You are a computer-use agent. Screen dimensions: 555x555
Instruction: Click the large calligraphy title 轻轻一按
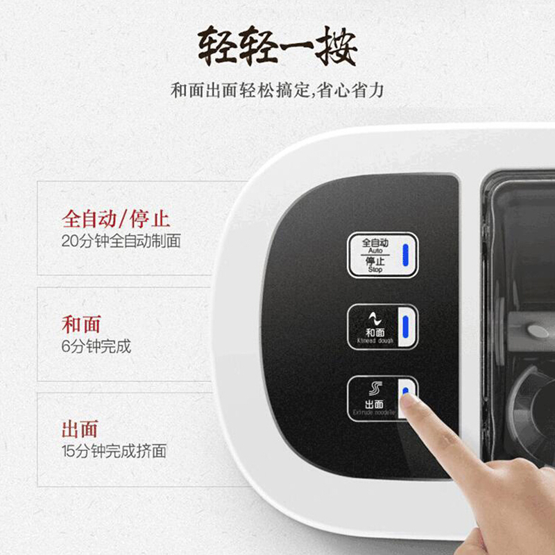coord(277,47)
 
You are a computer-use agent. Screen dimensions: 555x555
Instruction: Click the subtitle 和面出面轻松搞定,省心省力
coord(277,91)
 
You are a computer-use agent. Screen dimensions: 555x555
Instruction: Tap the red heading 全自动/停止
coord(116,220)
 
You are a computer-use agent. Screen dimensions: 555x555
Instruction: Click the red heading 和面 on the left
coord(81,324)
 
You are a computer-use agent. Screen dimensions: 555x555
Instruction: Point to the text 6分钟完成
coord(96,345)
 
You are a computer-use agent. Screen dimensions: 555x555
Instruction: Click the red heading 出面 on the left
coord(81,429)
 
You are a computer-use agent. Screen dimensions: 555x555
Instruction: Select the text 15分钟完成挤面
coord(114,451)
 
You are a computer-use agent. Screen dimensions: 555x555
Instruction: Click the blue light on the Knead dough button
coord(407,325)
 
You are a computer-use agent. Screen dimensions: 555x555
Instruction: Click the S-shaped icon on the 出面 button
coord(375,388)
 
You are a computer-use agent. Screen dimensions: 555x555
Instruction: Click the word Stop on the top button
coord(375,270)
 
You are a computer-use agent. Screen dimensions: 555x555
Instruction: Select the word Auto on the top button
coord(375,250)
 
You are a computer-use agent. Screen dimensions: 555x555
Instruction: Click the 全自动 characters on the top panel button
coord(375,243)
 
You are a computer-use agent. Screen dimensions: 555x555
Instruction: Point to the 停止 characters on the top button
coord(375,262)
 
